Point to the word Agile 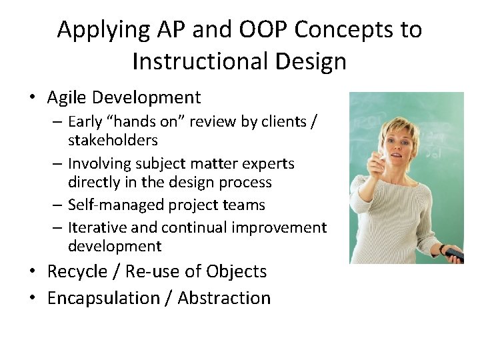67,98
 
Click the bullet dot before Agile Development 33,99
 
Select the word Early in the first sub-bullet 85,123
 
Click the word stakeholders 113,141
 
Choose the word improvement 279,228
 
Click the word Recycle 77,272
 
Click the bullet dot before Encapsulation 33,298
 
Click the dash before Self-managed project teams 58,205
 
